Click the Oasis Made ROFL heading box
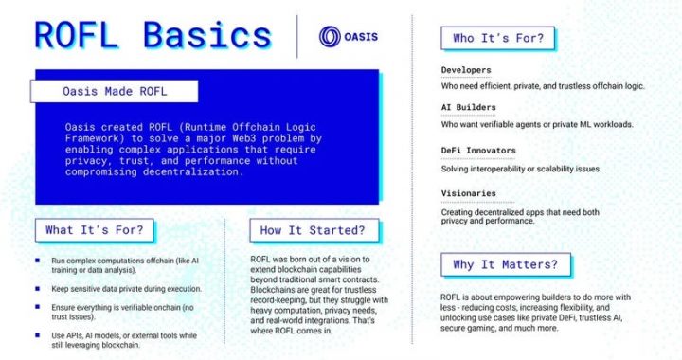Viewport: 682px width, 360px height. (114, 92)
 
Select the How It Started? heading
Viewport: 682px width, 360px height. (314, 229)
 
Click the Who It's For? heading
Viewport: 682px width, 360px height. (498, 38)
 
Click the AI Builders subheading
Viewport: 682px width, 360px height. (469, 109)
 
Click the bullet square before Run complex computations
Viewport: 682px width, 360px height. (37, 260)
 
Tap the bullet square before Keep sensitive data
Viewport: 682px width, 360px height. (37, 287)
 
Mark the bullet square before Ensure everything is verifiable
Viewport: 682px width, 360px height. (37, 307)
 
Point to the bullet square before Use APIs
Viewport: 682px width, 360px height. (37, 334)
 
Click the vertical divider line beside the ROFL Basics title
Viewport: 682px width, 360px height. (297, 37)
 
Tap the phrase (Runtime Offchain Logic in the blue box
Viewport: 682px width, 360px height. (233, 125)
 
